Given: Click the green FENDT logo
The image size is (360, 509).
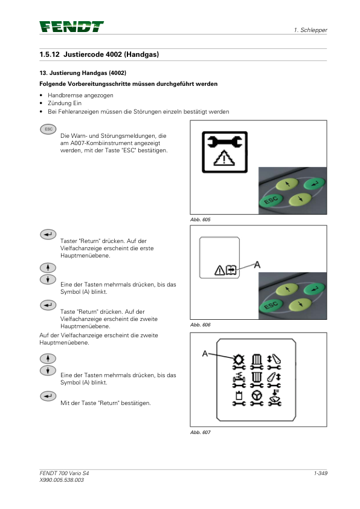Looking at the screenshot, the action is tap(72, 27).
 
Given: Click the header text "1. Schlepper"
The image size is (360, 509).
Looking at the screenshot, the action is tap(310, 30).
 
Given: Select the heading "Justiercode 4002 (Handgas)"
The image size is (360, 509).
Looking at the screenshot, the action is tap(111, 54).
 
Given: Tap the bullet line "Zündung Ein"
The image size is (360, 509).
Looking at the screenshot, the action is tap(65, 103).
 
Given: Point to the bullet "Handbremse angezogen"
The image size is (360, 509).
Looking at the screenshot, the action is tap(80, 95).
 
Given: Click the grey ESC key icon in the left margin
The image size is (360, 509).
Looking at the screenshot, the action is tap(48, 129).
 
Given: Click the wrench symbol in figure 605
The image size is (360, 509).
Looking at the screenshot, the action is tap(225, 141).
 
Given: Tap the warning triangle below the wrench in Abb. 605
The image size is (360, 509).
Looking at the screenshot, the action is tap(224, 158).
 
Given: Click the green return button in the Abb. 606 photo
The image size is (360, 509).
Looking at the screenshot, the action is tap(314, 288).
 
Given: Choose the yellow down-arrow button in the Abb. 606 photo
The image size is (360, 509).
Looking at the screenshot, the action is tap(300, 304).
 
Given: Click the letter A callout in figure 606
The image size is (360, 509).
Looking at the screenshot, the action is tap(257, 265).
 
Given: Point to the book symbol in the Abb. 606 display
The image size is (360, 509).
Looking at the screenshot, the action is tap(231, 270).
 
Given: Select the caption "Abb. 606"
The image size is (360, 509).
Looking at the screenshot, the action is tap(200, 325).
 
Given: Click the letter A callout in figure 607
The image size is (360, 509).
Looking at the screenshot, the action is tap(205, 353).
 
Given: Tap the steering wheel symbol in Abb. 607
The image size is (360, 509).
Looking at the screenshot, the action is tap(257, 395).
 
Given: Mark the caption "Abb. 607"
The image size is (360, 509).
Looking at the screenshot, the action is tap(200, 432).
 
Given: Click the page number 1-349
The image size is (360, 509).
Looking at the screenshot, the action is tap(320, 473).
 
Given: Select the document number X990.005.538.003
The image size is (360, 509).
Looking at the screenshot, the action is tap(62, 480).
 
